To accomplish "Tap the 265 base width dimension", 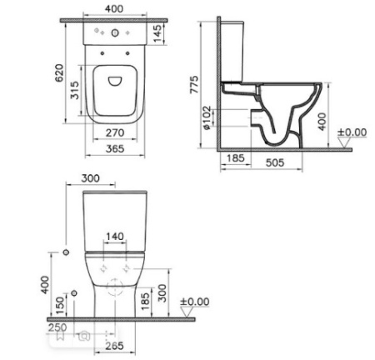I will tap(116, 346).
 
